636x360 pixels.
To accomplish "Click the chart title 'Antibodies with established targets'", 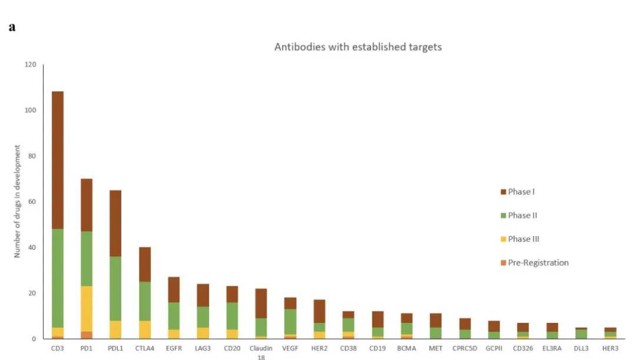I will (357, 47).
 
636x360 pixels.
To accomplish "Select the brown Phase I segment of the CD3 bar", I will (58, 160).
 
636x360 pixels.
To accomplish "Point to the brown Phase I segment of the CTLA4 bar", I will (145, 264).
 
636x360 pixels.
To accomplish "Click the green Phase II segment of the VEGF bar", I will (290, 322).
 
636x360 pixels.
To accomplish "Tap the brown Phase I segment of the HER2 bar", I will (319, 311).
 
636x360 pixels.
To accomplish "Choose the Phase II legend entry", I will (522, 215).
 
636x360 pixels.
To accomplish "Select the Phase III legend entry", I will (523, 239).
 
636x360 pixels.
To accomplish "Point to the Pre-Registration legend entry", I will (538, 263).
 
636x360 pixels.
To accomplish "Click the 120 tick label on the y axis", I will (29, 64).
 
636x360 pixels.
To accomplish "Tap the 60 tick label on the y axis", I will (31, 202).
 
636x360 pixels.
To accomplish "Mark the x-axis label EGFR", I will (174, 348).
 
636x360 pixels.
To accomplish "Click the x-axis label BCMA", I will (406, 348).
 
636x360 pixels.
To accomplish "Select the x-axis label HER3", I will (609, 348).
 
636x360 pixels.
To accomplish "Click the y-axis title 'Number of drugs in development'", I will (18, 202).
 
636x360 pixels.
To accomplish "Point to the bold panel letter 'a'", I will (12, 28).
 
